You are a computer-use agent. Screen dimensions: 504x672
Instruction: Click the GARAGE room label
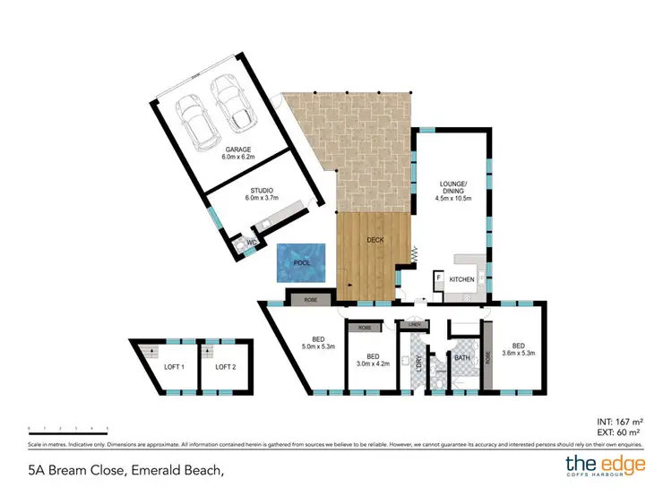[x=237, y=149]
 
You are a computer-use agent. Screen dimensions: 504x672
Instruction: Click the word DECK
[x=376, y=239]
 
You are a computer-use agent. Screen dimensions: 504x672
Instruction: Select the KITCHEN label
[x=461, y=280]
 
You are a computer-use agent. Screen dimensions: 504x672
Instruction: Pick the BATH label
[x=462, y=358]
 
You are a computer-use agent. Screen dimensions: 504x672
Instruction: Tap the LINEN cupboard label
[x=414, y=324]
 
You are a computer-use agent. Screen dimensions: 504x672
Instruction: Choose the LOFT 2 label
[x=226, y=366]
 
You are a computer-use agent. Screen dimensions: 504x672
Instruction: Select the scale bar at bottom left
[x=68, y=428]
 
